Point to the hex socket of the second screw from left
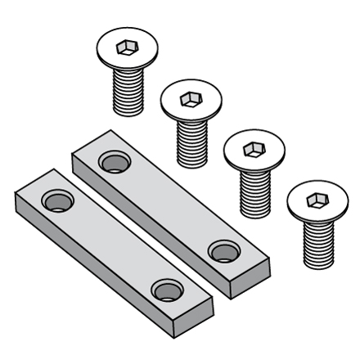point(190,99)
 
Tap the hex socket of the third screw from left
point(254,150)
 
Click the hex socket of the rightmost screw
point(316,200)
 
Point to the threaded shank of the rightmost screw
point(317,241)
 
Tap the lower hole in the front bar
point(167,289)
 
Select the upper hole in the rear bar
point(113,160)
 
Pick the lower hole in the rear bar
point(222,250)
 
